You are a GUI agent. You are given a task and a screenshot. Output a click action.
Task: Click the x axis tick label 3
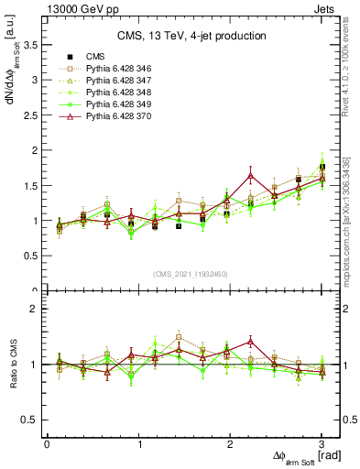click(321, 444)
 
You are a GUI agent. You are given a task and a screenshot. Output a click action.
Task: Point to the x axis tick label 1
click(138, 444)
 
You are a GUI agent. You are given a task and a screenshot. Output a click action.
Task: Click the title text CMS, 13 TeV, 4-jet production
click(192, 37)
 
